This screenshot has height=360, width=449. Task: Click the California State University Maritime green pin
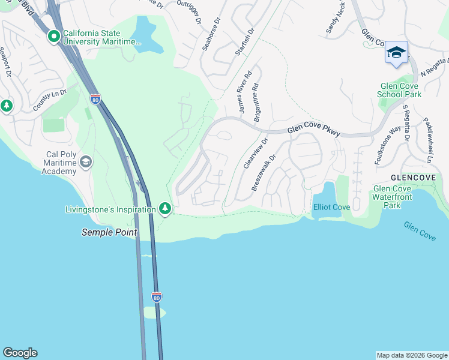coord(53,37)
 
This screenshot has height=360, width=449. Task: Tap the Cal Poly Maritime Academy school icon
coord(86,162)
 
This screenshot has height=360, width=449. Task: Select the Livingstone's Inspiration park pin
coord(165,209)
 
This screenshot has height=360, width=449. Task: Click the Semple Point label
coord(109,232)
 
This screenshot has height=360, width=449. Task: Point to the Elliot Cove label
coord(331,207)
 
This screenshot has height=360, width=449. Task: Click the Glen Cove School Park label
coord(399,90)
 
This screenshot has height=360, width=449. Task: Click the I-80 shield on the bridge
coord(156,297)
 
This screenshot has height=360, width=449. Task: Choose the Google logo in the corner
coord(20,353)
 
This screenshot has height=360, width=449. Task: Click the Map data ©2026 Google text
coord(412,355)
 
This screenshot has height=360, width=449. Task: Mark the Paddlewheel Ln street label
coord(429,140)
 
